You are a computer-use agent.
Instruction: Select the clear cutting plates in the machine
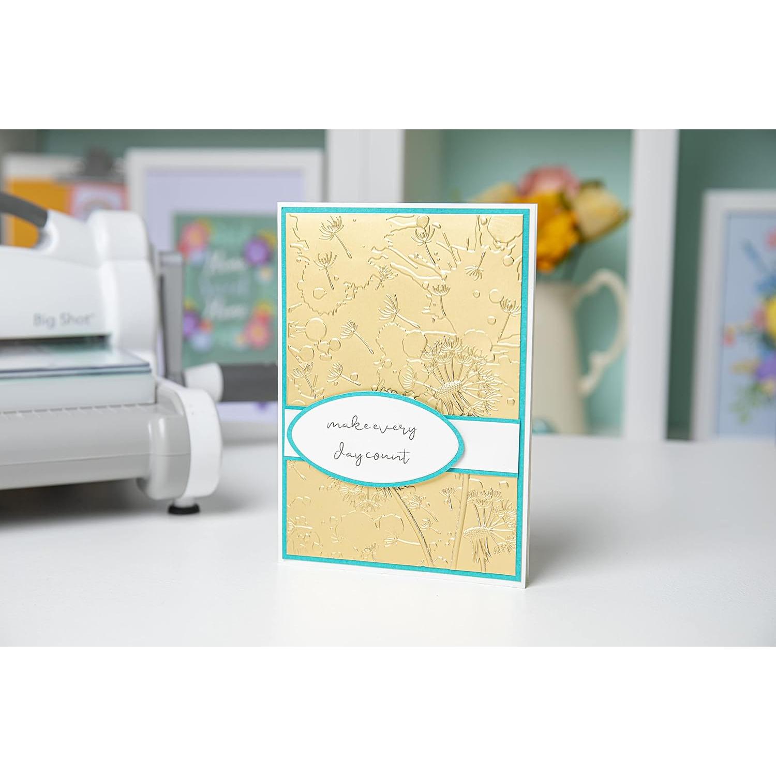coord(72,362)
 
